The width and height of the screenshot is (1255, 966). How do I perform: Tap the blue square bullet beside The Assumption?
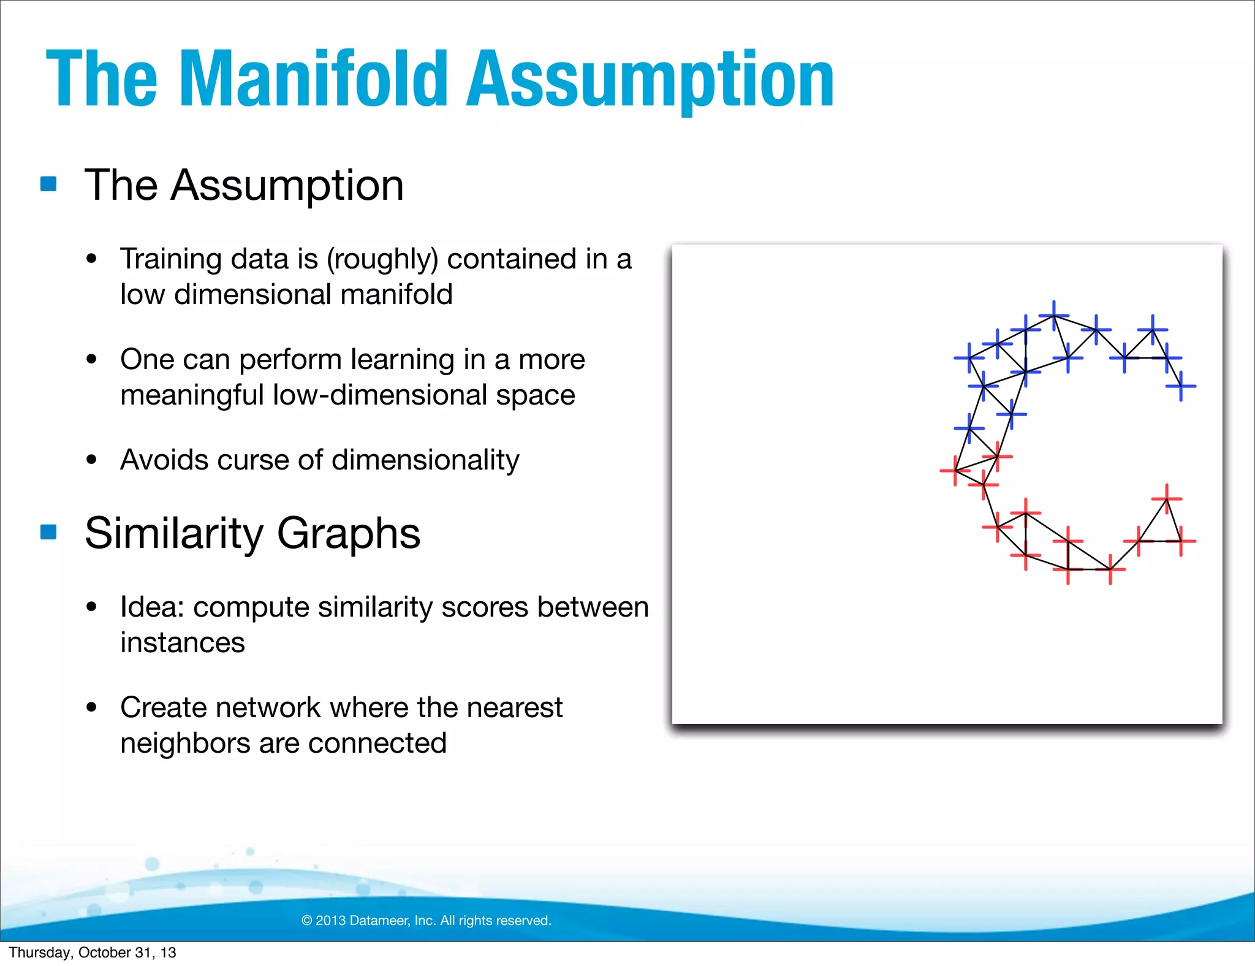pyautogui.click(x=48, y=184)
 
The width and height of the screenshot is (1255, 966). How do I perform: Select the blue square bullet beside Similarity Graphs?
pyautogui.click(x=48, y=531)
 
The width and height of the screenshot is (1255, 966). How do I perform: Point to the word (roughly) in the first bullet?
pyautogui.click(x=382, y=259)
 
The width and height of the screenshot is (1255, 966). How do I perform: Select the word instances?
pyautogui.click(x=183, y=642)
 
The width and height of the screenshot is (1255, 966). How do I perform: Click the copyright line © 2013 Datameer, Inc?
pyautogui.click(x=427, y=920)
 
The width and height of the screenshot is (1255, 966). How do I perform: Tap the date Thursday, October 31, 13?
pyautogui.click(x=93, y=953)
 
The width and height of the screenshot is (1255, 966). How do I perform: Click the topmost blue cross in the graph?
pyautogui.click(x=1054, y=316)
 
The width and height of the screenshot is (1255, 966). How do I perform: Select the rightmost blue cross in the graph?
pyautogui.click(x=1181, y=386)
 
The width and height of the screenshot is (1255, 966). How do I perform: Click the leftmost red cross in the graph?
pyautogui.click(x=955, y=471)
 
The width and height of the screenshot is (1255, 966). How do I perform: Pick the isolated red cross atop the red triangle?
pyautogui.click(x=1167, y=499)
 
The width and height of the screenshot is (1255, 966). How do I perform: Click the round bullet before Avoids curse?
pyautogui.click(x=92, y=460)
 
